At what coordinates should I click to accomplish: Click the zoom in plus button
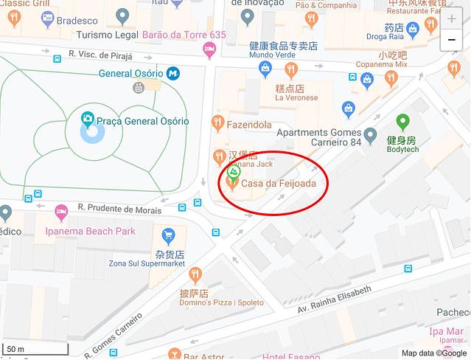click(x=452, y=18)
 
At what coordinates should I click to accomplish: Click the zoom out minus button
click(x=452, y=40)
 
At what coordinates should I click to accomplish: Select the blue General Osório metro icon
click(x=173, y=73)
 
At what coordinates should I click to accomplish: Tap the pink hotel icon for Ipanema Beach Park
click(x=62, y=212)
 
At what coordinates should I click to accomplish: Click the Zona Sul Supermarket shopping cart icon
click(x=169, y=235)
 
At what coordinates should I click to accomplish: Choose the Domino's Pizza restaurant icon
click(x=195, y=275)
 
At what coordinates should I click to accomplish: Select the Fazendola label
click(x=249, y=125)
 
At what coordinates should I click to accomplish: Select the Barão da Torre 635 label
click(x=184, y=34)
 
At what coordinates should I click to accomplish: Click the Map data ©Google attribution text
click(x=434, y=353)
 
